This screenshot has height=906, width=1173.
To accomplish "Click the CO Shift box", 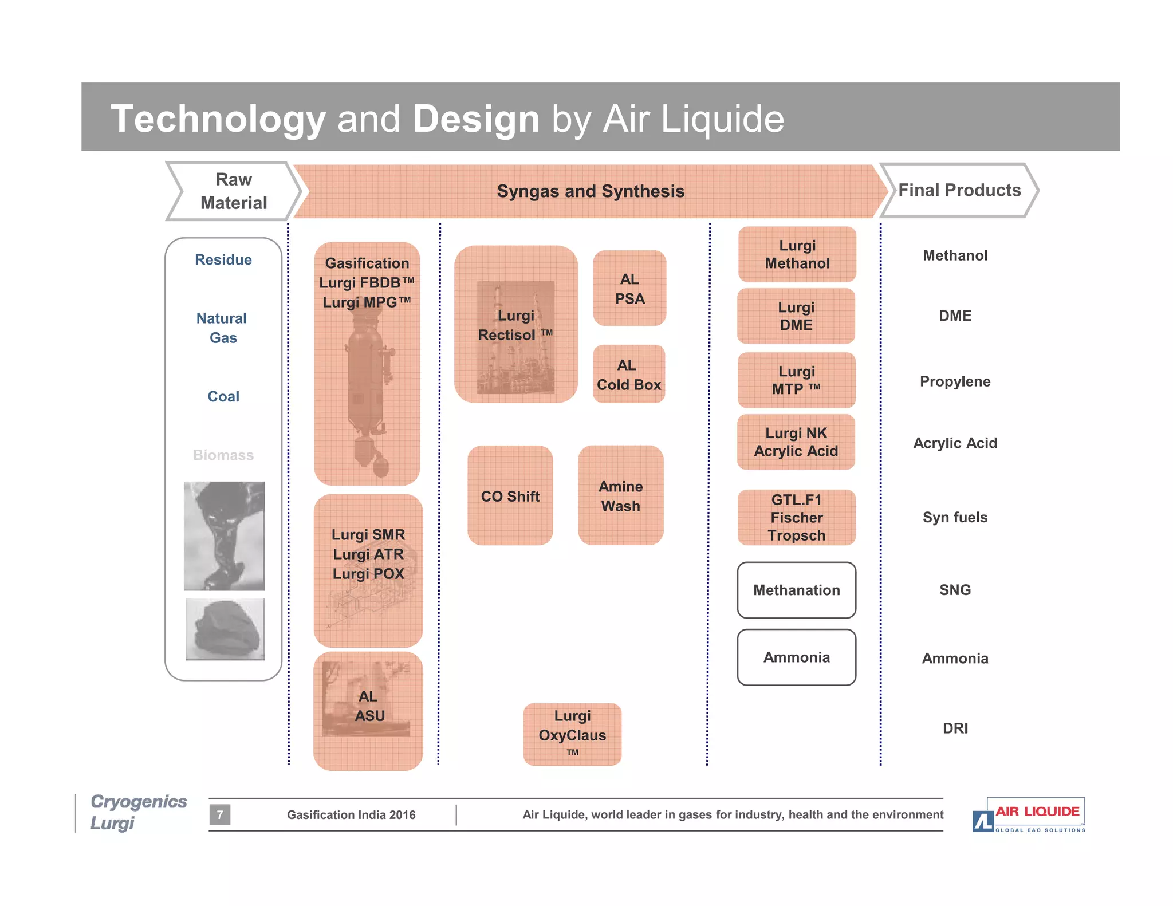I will (510, 495).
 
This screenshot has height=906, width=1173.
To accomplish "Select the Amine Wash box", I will (621, 495).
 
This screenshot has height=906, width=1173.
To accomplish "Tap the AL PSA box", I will (629, 288).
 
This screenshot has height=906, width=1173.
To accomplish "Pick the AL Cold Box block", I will (629, 374).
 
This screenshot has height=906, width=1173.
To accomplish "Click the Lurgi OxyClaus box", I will (572, 734).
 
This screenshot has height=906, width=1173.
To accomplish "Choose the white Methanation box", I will (797, 590).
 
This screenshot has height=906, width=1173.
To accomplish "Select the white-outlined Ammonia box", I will (797, 657).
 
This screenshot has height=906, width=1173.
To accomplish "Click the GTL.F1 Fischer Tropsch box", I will (797, 517).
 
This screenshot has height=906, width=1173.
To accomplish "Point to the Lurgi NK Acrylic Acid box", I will (796, 442).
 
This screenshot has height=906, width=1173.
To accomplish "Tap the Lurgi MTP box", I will (796, 380).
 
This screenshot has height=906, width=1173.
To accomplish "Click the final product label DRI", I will (955, 728).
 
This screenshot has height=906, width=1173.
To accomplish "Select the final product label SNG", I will (955, 590).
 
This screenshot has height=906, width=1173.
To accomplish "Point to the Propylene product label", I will (955, 381).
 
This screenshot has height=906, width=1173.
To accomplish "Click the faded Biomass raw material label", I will (223, 455).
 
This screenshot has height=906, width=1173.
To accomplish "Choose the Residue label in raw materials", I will (223, 260).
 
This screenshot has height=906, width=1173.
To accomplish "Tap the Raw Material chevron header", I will (234, 191).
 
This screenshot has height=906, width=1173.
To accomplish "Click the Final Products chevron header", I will (959, 190).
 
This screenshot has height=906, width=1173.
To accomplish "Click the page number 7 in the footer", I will (220, 814).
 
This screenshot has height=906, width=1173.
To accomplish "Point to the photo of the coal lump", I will (225, 629).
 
